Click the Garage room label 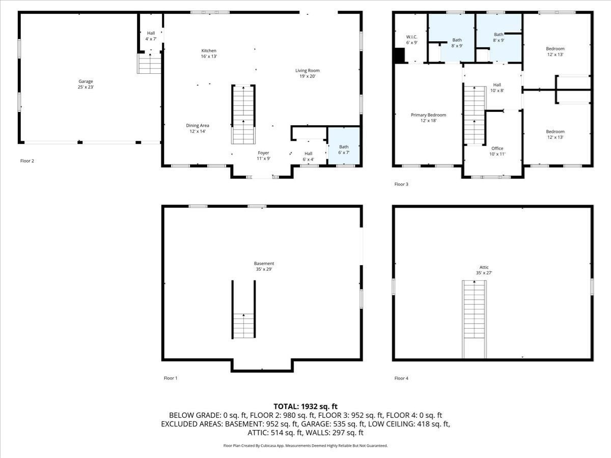coord(86,84)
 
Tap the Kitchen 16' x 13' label coord(209,53)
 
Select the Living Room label coord(307,73)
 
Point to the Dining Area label coord(197,128)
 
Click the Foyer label coord(263,156)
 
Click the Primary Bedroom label coord(428,118)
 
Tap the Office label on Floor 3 coord(497,151)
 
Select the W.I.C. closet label coord(411,40)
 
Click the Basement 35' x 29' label coord(264,266)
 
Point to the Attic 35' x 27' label coord(484,270)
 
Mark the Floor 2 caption coord(27,161)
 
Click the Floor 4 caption coord(401,378)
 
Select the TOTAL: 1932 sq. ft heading coord(305,406)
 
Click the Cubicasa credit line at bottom coord(305,445)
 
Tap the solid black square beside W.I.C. coord(399,55)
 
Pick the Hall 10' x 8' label coord(497,88)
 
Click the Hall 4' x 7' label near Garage coord(151,36)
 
